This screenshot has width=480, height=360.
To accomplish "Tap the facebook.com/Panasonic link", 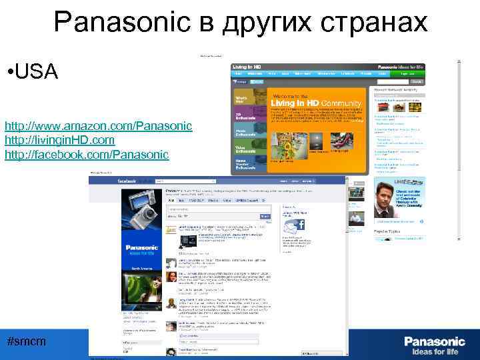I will [87, 155].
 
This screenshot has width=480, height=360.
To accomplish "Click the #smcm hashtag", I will [26, 341].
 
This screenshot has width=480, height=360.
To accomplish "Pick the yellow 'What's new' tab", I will [241, 99].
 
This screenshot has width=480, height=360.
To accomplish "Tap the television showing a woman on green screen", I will [142, 287].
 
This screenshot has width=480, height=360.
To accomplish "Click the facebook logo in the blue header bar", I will [127, 181].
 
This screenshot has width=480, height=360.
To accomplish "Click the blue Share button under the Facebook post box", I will [265, 217].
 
